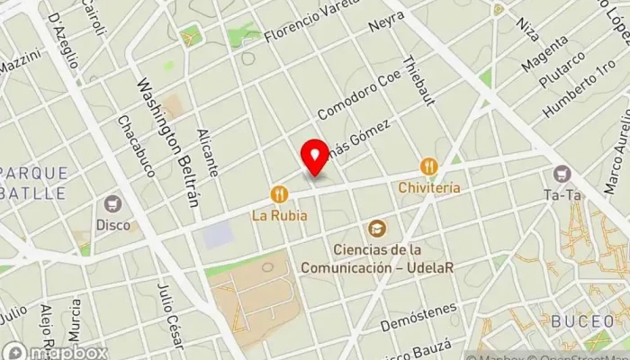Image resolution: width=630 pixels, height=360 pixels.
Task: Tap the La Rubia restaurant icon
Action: [280, 193]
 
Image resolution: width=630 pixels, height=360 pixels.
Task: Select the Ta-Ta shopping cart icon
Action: [563, 173]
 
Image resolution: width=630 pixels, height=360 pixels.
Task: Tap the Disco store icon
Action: [113, 205]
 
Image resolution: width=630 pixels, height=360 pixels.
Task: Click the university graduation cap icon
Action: [375, 229]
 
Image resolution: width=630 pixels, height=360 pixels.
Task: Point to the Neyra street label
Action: [387, 22]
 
